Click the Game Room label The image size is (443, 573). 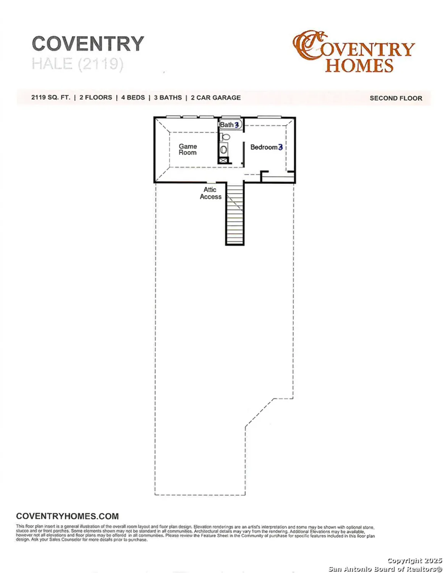188,149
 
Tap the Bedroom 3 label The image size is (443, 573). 266,147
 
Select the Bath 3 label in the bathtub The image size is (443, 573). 229,125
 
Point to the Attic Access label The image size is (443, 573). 210,193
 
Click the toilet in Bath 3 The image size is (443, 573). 225,137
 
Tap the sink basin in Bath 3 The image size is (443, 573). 223,150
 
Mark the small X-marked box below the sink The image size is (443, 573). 223,161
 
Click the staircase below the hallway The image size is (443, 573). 234,214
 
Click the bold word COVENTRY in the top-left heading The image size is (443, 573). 88,44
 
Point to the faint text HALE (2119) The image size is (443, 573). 78,64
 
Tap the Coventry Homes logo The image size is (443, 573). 353,52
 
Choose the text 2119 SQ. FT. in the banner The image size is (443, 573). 51,97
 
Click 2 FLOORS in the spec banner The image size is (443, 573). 95,97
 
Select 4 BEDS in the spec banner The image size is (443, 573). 133,97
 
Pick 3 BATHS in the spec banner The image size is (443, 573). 168,97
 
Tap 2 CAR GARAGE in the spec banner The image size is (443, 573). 216,97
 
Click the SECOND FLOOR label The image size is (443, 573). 396,98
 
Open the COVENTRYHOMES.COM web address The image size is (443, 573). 67,516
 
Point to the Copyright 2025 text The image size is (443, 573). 414,560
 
